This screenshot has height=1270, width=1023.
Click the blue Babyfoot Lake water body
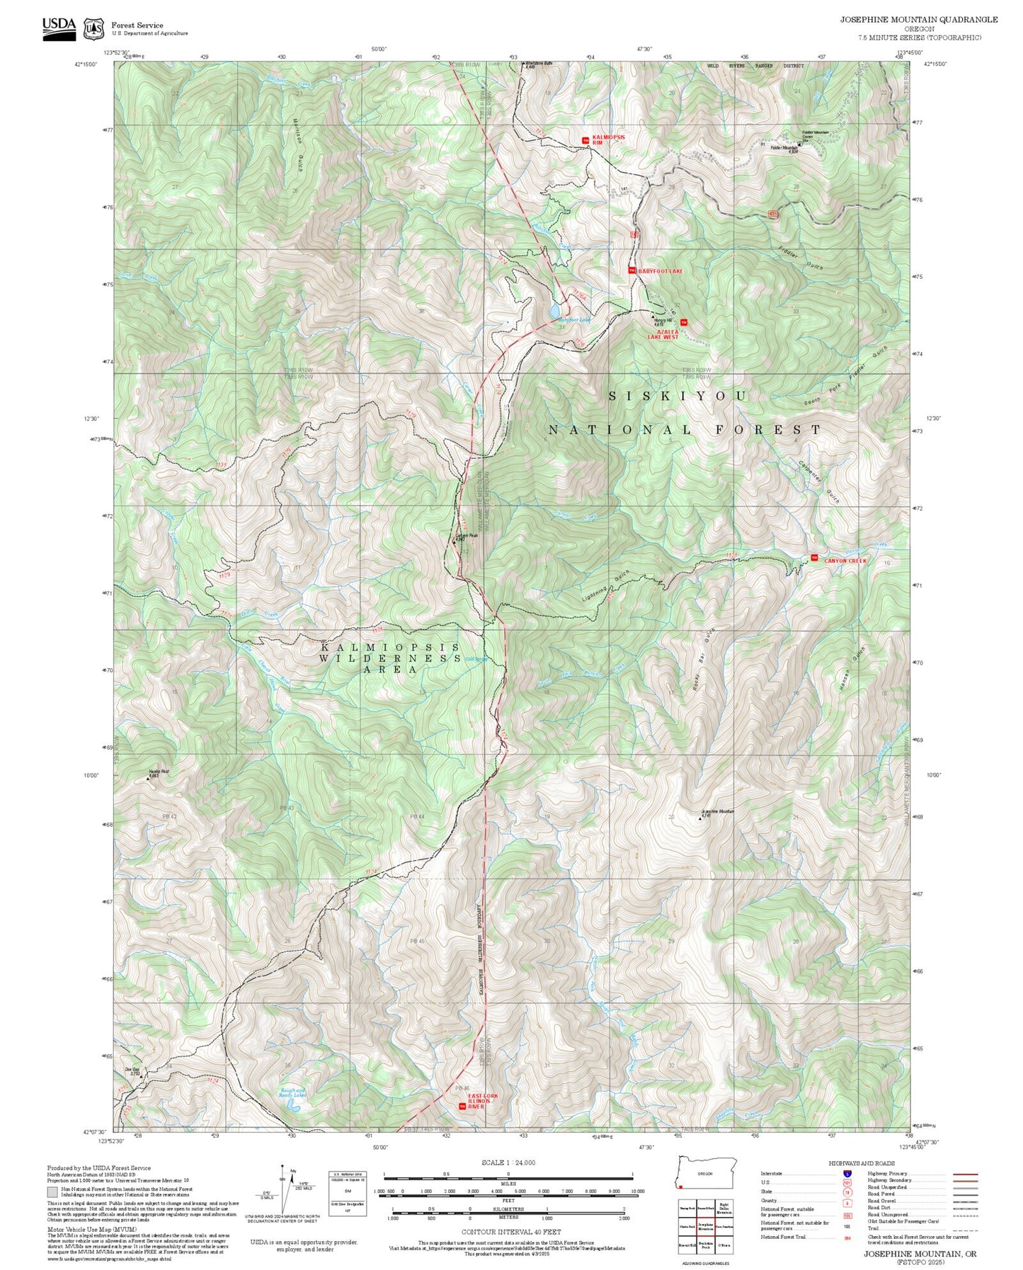pos(556,311)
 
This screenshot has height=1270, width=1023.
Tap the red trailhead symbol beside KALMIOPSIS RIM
pos(585,140)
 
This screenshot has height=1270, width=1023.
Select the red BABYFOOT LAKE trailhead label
pos(661,271)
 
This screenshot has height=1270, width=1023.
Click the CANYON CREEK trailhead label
pos(845,561)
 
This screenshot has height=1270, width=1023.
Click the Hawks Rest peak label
pos(158,773)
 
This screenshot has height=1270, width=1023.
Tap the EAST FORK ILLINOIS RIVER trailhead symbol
pos(462,1106)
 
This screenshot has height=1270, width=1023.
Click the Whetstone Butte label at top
pos(538,64)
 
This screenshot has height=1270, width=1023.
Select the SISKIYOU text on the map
pos(678,396)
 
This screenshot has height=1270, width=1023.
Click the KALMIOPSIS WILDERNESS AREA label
pos(389,658)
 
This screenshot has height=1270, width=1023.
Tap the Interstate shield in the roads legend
pos(847,1173)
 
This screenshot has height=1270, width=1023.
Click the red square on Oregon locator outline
pos(681,1186)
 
